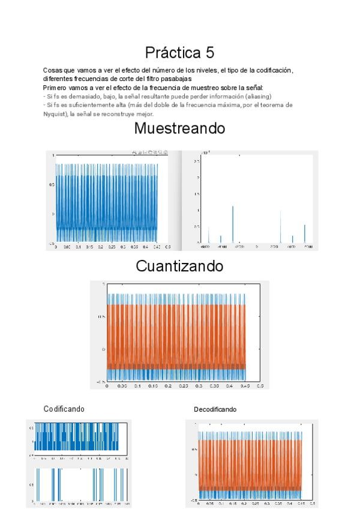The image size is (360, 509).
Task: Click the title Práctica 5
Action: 179,52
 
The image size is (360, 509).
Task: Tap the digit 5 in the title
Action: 210,52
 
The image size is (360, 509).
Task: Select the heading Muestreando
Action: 179,128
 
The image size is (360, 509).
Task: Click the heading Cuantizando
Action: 179,266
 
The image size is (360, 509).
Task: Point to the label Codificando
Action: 64,409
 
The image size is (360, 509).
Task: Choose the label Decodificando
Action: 215,409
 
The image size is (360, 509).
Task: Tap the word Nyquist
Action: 55,113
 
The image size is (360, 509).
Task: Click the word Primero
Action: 55,88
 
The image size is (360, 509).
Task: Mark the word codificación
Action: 274,70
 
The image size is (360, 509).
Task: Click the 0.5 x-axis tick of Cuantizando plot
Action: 259,387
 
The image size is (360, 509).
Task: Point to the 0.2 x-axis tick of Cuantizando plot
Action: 167,387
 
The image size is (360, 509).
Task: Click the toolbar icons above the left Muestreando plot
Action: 149,153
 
